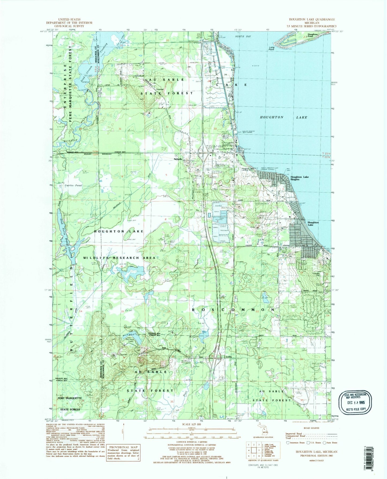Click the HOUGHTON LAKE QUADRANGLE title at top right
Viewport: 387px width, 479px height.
point(312,20)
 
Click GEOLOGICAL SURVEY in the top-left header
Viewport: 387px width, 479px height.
point(69,26)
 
